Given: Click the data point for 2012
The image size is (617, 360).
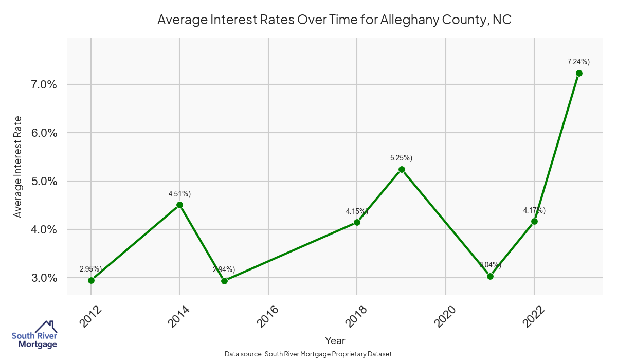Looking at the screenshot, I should click(x=91, y=280).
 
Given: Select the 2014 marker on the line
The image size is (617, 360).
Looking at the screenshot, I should click(x=179, y=205).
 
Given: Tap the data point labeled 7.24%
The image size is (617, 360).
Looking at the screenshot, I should click(x=579, y=73).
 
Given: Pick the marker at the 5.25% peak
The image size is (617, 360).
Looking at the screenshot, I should click(x=402, y=169).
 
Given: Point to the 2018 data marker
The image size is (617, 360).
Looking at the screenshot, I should click(x=357, y=222).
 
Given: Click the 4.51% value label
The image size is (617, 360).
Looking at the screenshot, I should click(x=179, y=194).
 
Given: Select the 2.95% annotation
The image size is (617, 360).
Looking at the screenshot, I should click(x=91, y=269).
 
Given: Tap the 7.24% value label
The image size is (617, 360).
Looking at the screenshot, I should click(x=578, y=62).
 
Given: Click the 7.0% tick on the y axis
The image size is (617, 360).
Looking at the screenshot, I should click(x=41, y=85).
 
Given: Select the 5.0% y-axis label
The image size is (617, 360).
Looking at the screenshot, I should click(x=41, y=182).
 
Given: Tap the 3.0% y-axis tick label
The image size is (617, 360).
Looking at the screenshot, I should click(x=41, y=278).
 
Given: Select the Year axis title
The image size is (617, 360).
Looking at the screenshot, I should click(x=335, y=340).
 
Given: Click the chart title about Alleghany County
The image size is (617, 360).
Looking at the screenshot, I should click(x=334, y=20).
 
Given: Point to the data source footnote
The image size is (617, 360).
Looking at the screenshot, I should click(x=308, y=354).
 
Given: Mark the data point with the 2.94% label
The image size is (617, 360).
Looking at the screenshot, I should click(x=224, y=281).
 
